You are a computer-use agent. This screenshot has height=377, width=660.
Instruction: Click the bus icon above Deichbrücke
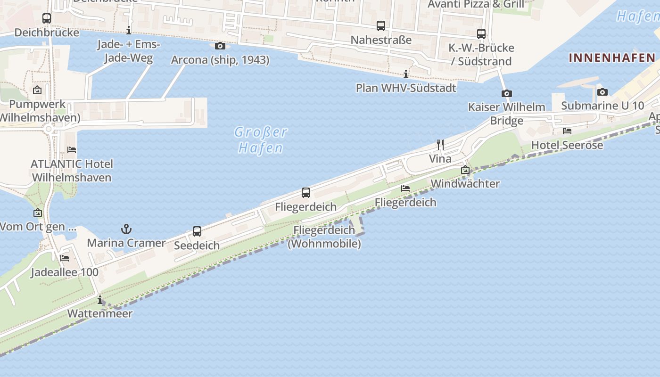pos(46,18)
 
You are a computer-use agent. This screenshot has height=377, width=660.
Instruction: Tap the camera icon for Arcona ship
pos(220,46)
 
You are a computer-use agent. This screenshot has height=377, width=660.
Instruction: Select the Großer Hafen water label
pos(261,140)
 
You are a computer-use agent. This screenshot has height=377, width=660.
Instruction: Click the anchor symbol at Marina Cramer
pos(126,229)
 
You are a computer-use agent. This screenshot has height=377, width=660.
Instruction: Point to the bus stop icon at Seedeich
pos(197,231)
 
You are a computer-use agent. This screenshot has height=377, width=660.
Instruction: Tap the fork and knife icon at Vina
pos(440,145)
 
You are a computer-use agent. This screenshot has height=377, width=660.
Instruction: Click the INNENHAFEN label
pos(612,58)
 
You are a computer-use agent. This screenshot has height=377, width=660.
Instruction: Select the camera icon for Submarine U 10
pos(602,92)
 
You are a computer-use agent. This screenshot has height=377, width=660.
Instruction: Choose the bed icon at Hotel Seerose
pos(567,131)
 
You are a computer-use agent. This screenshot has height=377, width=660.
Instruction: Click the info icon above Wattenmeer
pos(100,300)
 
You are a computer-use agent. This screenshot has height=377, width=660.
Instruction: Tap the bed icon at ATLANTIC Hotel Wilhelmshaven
pos(72,150)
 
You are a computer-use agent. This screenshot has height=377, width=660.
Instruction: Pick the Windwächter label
pos(465,183)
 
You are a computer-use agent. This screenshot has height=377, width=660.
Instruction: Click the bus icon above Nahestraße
pos(381,26)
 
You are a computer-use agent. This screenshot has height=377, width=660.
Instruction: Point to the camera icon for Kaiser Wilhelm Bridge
pos(506,93)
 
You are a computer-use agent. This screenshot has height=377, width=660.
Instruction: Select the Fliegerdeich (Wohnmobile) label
pos(324,237)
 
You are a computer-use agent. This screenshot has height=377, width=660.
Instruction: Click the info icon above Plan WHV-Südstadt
pos(406,74)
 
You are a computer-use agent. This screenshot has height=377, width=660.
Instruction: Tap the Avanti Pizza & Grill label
pos(476,5)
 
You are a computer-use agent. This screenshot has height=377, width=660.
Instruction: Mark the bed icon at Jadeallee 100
pos(65,258)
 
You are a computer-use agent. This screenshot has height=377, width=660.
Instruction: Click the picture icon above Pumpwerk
pos(37,90)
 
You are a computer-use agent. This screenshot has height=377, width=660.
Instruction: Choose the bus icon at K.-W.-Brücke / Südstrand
pos(481,34)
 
